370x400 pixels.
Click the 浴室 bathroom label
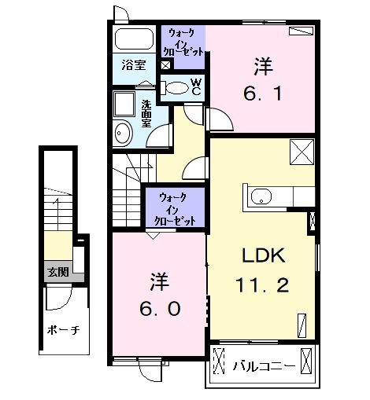134,65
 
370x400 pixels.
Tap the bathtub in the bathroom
135,39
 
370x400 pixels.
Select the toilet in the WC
175,88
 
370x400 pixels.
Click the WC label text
196,87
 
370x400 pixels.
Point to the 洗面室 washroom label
146,114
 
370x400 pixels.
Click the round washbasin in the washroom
123,133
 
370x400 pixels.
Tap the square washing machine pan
124,104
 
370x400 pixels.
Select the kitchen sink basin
261,196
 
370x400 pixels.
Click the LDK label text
263,255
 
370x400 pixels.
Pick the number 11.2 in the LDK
262,285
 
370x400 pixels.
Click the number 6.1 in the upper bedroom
263,94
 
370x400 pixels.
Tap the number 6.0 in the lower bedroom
160,309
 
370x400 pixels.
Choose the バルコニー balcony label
264,366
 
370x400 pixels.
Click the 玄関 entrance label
58,272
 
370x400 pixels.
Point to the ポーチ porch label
63,330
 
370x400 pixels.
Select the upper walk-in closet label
183,42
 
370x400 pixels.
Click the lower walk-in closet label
175,210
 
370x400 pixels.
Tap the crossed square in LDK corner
302,152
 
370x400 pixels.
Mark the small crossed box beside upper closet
166,65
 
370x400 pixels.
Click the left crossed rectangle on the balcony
219,361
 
